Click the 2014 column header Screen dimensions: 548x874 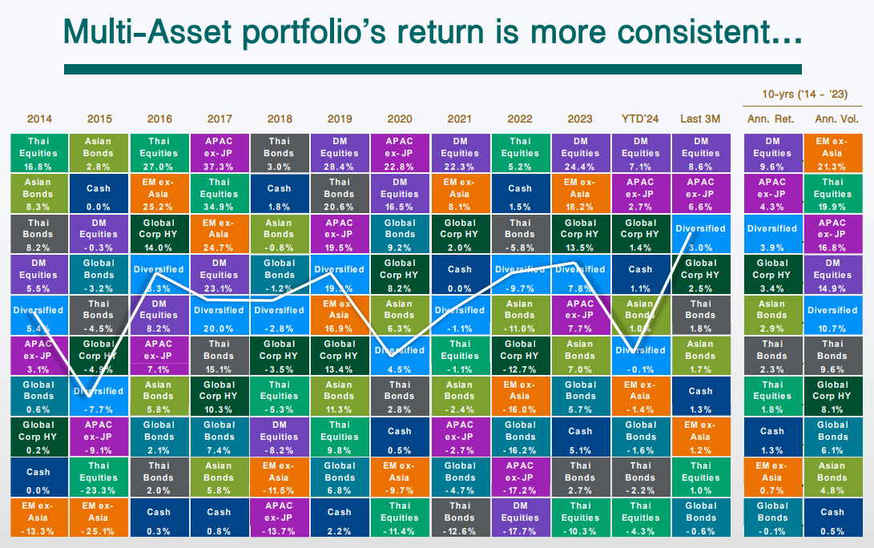click(39, 119)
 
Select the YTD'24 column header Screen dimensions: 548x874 click(641, 119)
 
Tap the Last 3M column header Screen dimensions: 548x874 click(700, 119)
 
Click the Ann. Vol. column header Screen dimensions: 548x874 click(832, 119)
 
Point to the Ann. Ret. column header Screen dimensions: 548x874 click(771, 119)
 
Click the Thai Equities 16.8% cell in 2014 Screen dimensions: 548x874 click(39, 153)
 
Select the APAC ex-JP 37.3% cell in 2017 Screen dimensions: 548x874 click(220, 153)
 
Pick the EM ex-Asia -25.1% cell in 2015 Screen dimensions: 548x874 click(99, 518)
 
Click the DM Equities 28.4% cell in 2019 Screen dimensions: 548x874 click(340, 153)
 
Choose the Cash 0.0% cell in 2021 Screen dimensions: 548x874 click(460, 275)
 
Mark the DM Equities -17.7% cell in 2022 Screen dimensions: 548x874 click(520, 518)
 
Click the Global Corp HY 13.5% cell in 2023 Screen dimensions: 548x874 click(580, 234)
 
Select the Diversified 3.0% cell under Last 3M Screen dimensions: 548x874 click(700, 234)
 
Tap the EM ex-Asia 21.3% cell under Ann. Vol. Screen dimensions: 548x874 click(832, 153)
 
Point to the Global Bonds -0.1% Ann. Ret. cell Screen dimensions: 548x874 click(771, 518)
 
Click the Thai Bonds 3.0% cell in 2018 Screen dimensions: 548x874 click(280, 153)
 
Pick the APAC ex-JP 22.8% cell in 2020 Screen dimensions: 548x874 click(400, 153)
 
